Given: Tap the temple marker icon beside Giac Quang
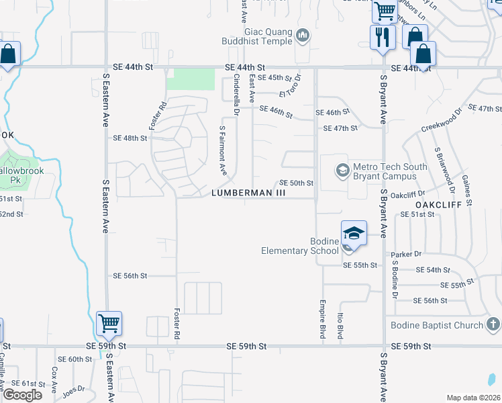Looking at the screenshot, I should pos(303,35).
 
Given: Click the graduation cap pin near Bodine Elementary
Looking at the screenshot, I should pos(354,233).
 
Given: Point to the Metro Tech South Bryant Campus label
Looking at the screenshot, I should pos(383,171).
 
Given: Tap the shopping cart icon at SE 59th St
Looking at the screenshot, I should pos(108,324).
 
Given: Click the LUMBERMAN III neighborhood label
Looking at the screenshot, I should pos(248,193).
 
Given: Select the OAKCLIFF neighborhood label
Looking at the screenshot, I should pos(439,203).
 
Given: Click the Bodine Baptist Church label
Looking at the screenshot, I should pos(436,326).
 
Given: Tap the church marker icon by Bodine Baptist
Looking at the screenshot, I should pos(493,326).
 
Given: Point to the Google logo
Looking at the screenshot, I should pos(22,395).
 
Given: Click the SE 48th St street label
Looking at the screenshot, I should pos(130,138).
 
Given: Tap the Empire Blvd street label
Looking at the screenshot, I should pos(323,318).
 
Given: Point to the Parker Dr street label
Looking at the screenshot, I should pos(408,254).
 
